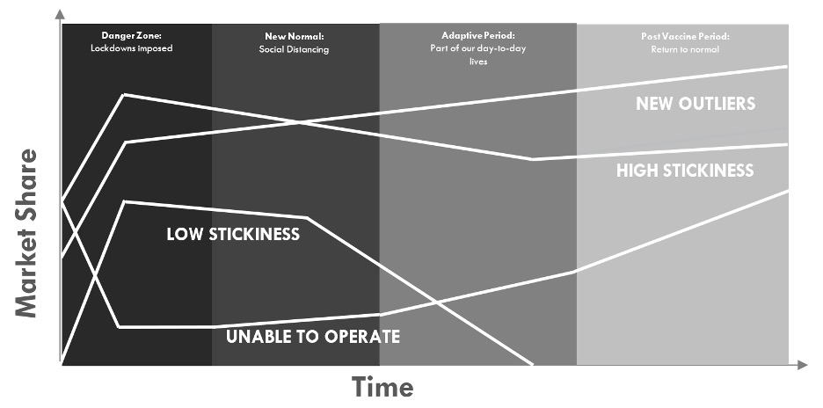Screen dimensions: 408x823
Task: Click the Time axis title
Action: click(382, 387)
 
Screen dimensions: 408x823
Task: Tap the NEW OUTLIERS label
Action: click(696, 104)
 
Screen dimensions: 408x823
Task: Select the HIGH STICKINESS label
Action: click(685, 171)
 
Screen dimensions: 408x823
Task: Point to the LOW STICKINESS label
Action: click(233, 235)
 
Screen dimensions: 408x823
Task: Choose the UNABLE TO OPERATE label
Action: click(312, 337)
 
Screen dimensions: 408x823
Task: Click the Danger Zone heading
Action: click(131, 36)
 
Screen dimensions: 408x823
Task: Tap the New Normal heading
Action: click(295, 37)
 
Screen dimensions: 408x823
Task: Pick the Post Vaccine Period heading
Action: click(685, 37)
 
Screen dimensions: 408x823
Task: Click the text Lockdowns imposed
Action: click(131, 48)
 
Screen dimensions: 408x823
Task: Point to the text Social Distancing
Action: click(294, 49)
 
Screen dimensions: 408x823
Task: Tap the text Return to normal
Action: click(685, 49)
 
